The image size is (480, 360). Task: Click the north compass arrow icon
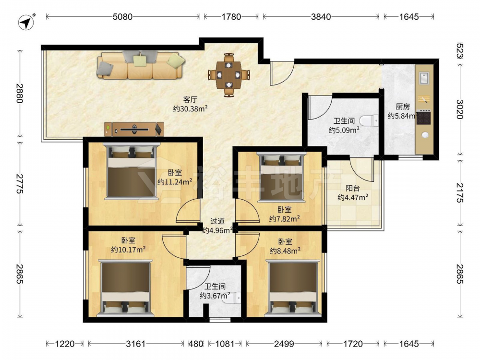pyautogui.click(x=26, y=22)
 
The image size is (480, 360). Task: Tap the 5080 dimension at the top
pyautogui.click(x=123, y=16)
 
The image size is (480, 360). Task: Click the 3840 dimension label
pyautogui.click(x=321, y=16)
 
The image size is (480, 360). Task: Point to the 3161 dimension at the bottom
pyautogui.click(x=136, y=344)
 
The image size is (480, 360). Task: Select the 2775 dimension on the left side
pyautogui.click(x=20, y=184)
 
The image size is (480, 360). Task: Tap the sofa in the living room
pyautogui.click(x=141, y=65)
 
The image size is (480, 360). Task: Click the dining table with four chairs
pyautogui.click(x=228, y=75)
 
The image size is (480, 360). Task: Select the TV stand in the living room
pyautogui.click(x=134, y=129)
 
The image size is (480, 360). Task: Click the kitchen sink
pyautogui.click(x=424, y=78)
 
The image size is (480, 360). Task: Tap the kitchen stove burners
pyautogui.click(x=424, y=118)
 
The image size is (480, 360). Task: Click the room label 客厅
pyautogui.click(x=190, y=99)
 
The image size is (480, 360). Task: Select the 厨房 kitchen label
pyautogui.click(x=403, y=107)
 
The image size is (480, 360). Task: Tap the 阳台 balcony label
pyautogui.click(x=353, y=188)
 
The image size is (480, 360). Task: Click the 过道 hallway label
pyautogui.click(x=217, y=221)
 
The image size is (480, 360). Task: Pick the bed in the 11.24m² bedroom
pyautogui.click(x=132, y=171)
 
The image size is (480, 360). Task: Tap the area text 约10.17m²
pyautogui.click(x=128, y=250)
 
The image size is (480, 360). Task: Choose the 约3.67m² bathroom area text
pyautogui.click(x=215, y=296)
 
